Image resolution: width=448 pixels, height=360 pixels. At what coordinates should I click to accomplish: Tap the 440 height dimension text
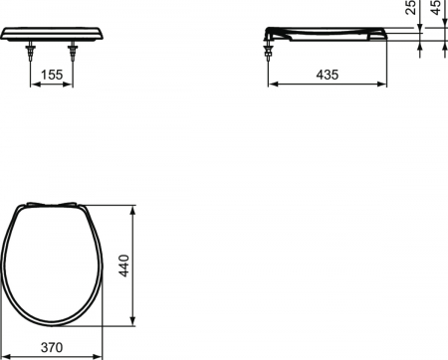(x=124, y=266)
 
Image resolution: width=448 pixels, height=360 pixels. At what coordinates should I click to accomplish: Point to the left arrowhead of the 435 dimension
(x=272, y=86)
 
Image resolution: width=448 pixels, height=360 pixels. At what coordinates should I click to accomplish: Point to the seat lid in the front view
(x=55, y=35)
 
